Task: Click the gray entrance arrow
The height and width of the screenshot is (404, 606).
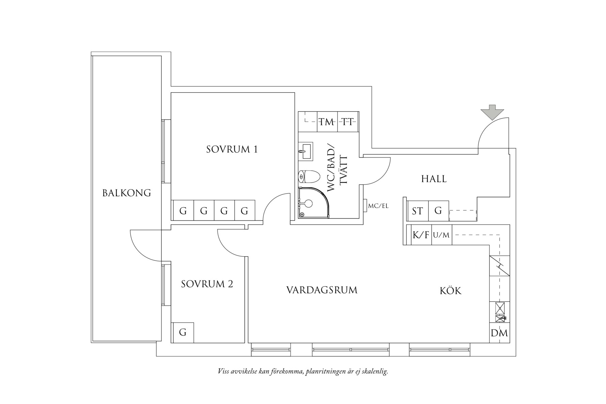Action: pyautogui.click(x=492, y=113)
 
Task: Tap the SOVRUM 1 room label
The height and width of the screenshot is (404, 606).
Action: pyautogui.click(x=232, y=149)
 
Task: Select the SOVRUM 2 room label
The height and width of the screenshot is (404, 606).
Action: pyautogui.click(x=207, y=284)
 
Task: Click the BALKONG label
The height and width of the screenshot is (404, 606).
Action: pyautogui.click(x=127, y=193)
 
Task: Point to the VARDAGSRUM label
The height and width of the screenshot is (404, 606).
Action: pyautogui.click(x=322, y=290)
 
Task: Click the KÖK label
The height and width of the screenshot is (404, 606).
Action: pyautogui.click(x=450, y=291)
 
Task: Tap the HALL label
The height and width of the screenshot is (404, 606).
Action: pyautogui.click(x=434, y=179)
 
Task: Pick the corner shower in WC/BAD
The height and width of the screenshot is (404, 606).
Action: pyautogui.click(x=312, y=204)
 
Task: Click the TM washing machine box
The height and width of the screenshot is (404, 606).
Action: pyautogui.click(x=327, y=122)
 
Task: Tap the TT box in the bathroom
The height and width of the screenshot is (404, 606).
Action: pyautogui.click(x=348, y=122)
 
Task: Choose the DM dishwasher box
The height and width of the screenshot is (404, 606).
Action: pyautogui.click(x=499, y=333)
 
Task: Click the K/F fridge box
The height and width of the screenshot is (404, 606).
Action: pyautogui.click(x=421, y=235)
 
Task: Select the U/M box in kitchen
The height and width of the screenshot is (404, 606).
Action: pyautogui.click(x=442, y=235)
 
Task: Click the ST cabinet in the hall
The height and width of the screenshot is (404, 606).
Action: pyautogui.click(x=417, y=211)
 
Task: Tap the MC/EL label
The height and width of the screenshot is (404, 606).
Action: pyautogui.click(x=378, y=206)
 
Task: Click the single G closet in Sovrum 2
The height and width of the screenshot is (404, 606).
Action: pyautogui.click(x=183, y=332)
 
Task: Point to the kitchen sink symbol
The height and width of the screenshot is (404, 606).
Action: pyautogui.click(x=500, y=308)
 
